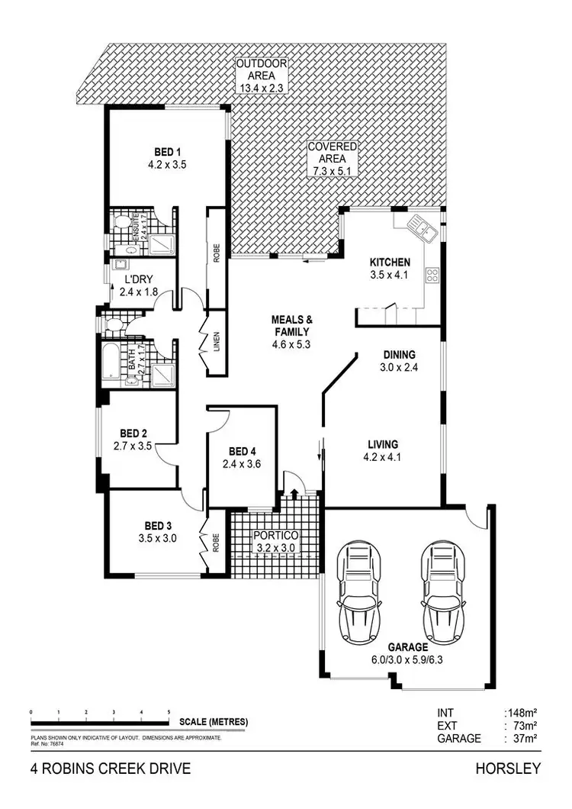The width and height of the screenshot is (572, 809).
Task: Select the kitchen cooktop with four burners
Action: tap(432, 275)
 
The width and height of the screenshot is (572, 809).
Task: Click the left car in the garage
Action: tap(358, 593)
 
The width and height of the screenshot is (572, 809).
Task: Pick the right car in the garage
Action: tap(442, 593)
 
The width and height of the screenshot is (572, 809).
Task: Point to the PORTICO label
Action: tap(275, 535)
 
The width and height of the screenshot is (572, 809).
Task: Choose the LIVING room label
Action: tap(384, 444)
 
